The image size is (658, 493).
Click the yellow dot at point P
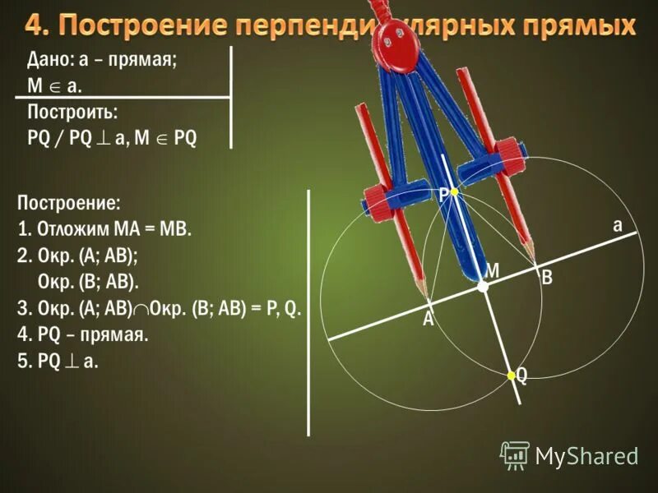(452, 191)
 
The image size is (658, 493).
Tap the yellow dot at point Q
(511, 376)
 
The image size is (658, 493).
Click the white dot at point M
(484, 287)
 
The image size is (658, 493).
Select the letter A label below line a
(428, 320)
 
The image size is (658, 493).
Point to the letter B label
(546, 279)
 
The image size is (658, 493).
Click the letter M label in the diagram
(492, 270)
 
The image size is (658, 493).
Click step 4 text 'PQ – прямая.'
(82, 335)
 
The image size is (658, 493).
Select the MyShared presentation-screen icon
(516, 454)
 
